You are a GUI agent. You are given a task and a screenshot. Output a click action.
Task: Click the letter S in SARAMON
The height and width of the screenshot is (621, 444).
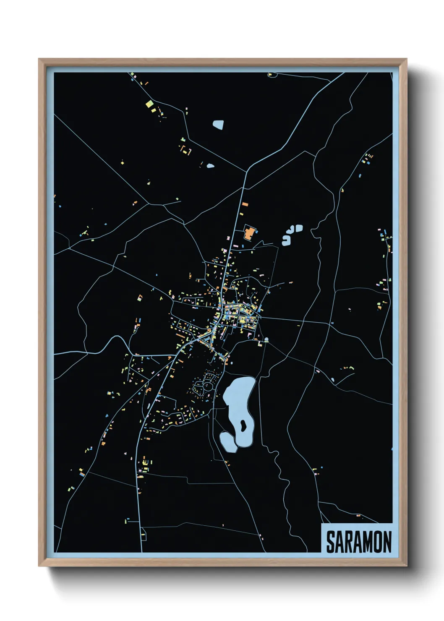click(330, 542)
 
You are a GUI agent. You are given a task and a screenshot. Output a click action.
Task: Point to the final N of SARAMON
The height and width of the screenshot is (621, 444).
click(387, 542)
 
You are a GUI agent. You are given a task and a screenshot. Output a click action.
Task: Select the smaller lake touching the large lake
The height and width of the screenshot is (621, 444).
click(228, 441)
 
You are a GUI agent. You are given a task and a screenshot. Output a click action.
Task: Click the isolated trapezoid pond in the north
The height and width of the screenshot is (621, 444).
click(218, 124)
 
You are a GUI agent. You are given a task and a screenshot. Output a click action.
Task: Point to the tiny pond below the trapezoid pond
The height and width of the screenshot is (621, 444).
click(210, 166)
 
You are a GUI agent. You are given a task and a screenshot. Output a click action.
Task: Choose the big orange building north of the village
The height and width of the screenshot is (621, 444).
click(249, 233)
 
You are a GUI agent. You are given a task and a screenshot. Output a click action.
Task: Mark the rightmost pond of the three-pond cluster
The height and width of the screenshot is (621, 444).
click(299, 228)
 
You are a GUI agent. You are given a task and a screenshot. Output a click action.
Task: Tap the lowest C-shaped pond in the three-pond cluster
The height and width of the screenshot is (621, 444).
click(286, 240)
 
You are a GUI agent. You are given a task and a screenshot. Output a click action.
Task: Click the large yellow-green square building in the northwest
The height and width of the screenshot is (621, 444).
click(148, 104)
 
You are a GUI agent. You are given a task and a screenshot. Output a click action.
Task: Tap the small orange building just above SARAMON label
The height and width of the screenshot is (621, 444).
click(358, 515)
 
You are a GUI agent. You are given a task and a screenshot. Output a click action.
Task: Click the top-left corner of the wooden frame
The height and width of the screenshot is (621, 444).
click(39, 60)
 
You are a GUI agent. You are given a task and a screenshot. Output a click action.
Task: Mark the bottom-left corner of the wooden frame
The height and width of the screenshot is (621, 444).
click(39, 565)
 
